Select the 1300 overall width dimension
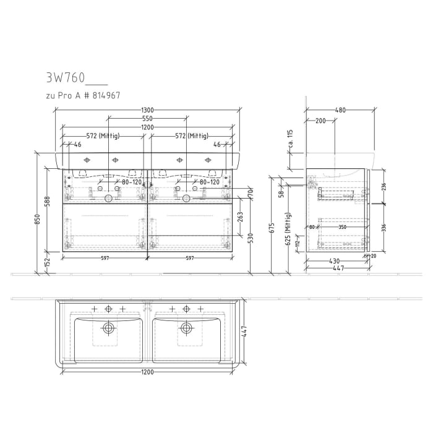tap(147, 110)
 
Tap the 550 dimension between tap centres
tap(147, 118)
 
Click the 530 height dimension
tap(251, 238)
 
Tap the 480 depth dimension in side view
tap(340, 110)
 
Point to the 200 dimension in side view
tap(320, 121)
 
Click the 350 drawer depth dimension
tap(342, 228)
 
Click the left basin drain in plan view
tap(109, 327)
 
